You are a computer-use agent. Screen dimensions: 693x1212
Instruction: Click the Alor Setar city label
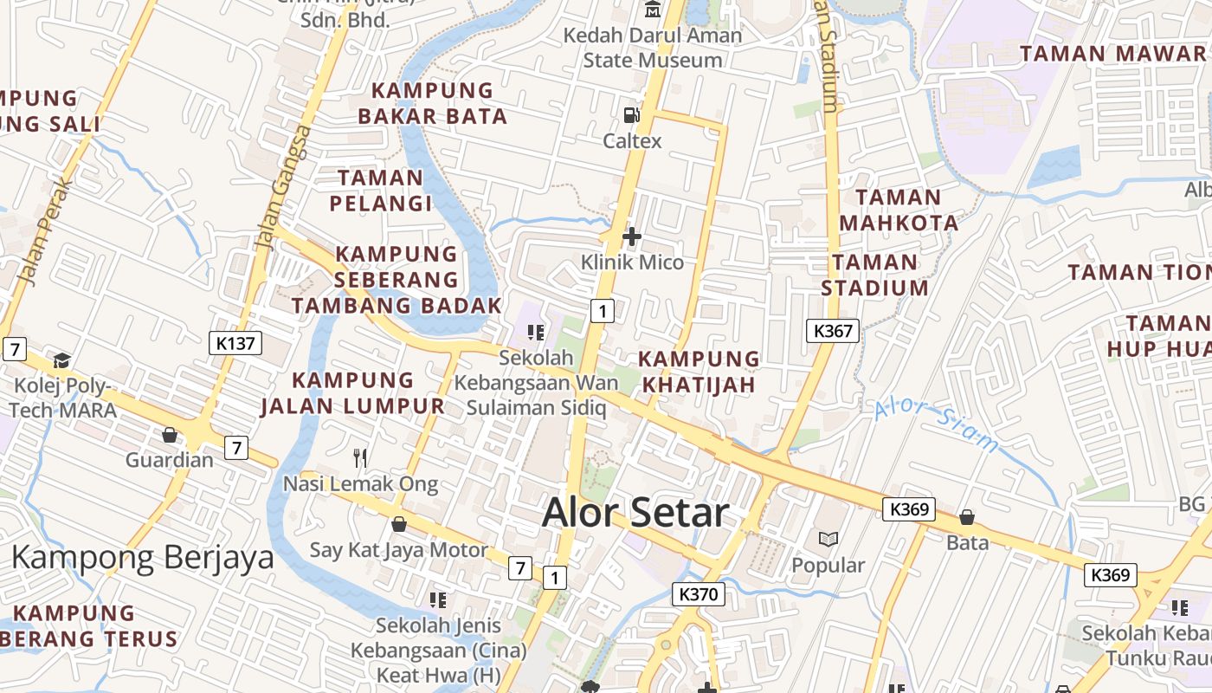[635, 513]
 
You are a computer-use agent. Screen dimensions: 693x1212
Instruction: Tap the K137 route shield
[235, 343]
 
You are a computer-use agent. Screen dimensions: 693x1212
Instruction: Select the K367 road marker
[834, 330]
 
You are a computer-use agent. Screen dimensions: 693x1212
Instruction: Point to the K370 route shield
[699, 594]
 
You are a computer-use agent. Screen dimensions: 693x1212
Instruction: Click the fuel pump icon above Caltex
[632, 114]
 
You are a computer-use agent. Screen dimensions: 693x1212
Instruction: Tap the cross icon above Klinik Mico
[632, 236]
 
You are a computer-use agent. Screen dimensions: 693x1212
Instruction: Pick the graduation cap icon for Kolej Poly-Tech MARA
[61, 360]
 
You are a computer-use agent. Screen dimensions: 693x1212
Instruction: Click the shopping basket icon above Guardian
[170, 434]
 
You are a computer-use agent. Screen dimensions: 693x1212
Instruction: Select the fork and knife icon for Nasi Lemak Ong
[360, 457]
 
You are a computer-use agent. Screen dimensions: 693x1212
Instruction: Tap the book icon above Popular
[828, 539]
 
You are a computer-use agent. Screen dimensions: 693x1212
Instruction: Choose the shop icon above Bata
[967, 517]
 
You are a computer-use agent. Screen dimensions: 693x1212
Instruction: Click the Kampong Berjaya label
[142, 557]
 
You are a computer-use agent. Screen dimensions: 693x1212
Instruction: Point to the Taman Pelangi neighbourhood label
[380, 191]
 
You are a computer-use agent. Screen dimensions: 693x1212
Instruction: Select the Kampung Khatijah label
[699, 371]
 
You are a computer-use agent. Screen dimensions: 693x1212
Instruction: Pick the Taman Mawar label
[1112, 54]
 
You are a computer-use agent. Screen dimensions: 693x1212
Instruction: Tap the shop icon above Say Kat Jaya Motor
[399, 524]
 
